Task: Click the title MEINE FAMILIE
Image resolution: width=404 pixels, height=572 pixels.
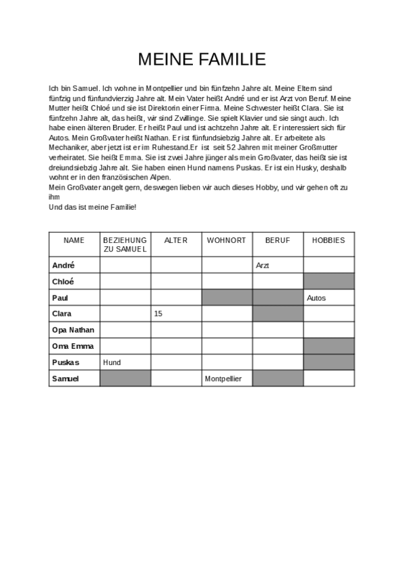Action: tap(202, 60)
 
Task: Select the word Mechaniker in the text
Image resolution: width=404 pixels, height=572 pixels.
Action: tap(69, 147)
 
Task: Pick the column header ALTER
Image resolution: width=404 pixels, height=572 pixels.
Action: tap(175, 240)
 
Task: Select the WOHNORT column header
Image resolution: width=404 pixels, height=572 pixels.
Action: tap(226, 240)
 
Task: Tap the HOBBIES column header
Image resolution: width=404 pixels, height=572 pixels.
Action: tap(328, 240)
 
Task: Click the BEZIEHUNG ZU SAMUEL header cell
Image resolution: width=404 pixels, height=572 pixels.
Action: tap(125, 244)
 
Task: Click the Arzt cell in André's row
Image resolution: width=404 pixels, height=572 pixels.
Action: tap(263, 266)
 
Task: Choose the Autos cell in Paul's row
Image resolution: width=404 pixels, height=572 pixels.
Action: tap(316, 297)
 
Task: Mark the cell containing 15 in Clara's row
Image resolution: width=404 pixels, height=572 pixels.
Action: tap(158, 314)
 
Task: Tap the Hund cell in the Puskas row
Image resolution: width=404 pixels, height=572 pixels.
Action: tap(112, 362)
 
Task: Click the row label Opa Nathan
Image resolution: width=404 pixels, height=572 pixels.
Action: tap(73, 330)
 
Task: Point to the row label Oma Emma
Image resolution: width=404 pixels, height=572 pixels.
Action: tap(71, 346)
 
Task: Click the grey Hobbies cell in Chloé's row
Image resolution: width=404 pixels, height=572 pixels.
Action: tap(328, 281)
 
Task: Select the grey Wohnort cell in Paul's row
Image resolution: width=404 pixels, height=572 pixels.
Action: tap(227, 297)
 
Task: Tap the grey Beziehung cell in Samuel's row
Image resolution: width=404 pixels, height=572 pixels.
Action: tap(125, 378)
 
